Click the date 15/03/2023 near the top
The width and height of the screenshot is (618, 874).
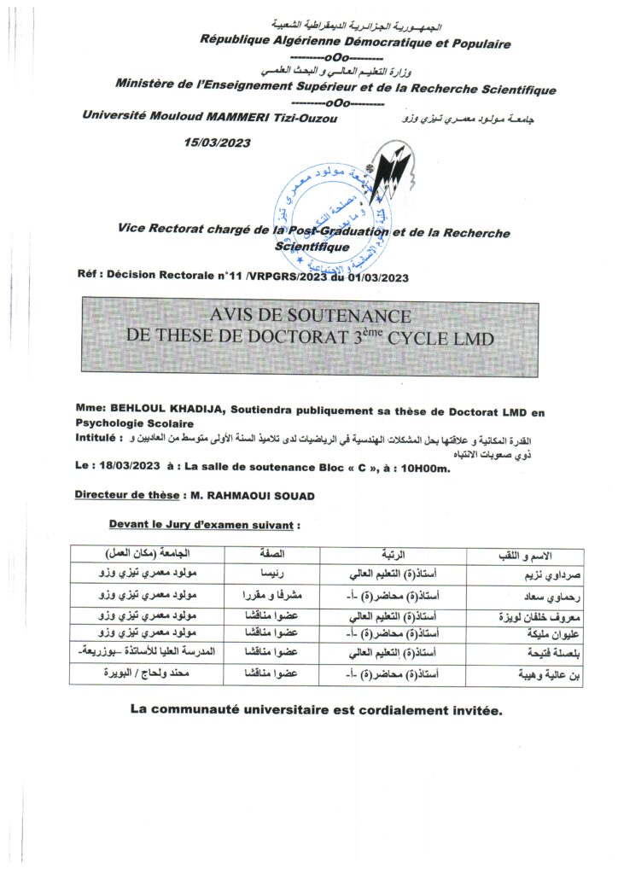(217, 143)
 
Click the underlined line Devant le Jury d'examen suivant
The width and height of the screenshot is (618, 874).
(205, 523)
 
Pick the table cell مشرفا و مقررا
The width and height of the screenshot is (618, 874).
(264, 594)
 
